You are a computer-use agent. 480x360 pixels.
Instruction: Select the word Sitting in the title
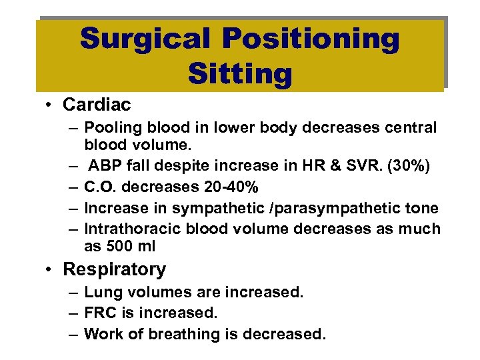pyautogui.click(x=240, y=73)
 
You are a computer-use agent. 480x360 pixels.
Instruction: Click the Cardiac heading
pyautogui.click(x=97, y=105)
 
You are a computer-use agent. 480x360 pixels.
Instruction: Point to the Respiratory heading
pyautogui.click(x=114, y=269)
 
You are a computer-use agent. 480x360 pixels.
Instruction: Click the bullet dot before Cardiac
pyautogui.click(x=50, y=105)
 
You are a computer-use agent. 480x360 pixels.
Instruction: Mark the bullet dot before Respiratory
pyautogui.click(x=50, y=270)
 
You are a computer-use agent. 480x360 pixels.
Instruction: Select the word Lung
pyautogui.click(x=100, y=293)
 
